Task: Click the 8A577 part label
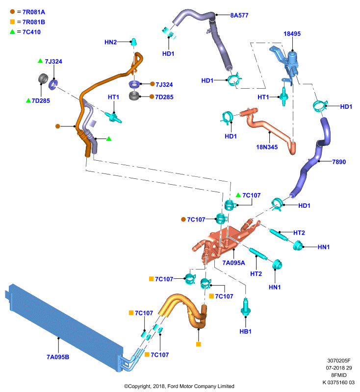pos(239,15)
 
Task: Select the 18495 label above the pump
pos(292,34)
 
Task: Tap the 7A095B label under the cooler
pos(58,357)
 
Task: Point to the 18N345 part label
pos(267,147)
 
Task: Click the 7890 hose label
pos(339,162)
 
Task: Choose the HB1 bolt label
pos(245,332)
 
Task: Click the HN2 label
pos(110,42)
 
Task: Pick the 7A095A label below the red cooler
pos(233,263)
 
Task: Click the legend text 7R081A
pos(34,12)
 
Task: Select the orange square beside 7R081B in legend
pos(12,22)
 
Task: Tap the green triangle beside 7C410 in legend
pos(12,31)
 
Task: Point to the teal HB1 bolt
pos(245,308)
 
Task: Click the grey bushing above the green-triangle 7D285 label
pos(43,78)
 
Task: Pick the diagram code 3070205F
pos(339,361)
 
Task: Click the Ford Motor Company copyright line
pos(179,386)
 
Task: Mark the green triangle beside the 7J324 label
pos(40,61)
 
